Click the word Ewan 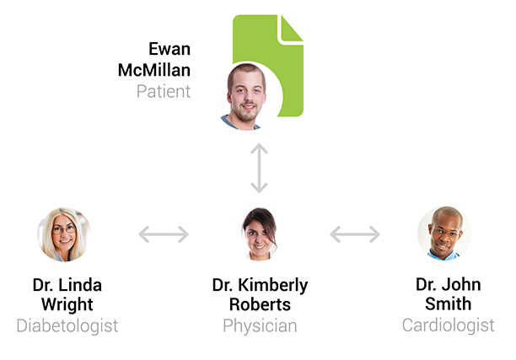point(169,50)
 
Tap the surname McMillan point(154,70)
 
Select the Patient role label point(164,90)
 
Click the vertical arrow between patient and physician point(259,169)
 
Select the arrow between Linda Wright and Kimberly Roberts point(164,234)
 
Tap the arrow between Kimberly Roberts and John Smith point(355,234)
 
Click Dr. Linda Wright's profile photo point(64,234)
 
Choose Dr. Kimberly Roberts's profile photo point(259,234)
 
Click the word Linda point(83,284)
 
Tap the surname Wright point(67,304)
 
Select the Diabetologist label point(67,325)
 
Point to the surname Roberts point(260,304)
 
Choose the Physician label point(260,325)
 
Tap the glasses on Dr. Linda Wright point(64,228)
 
